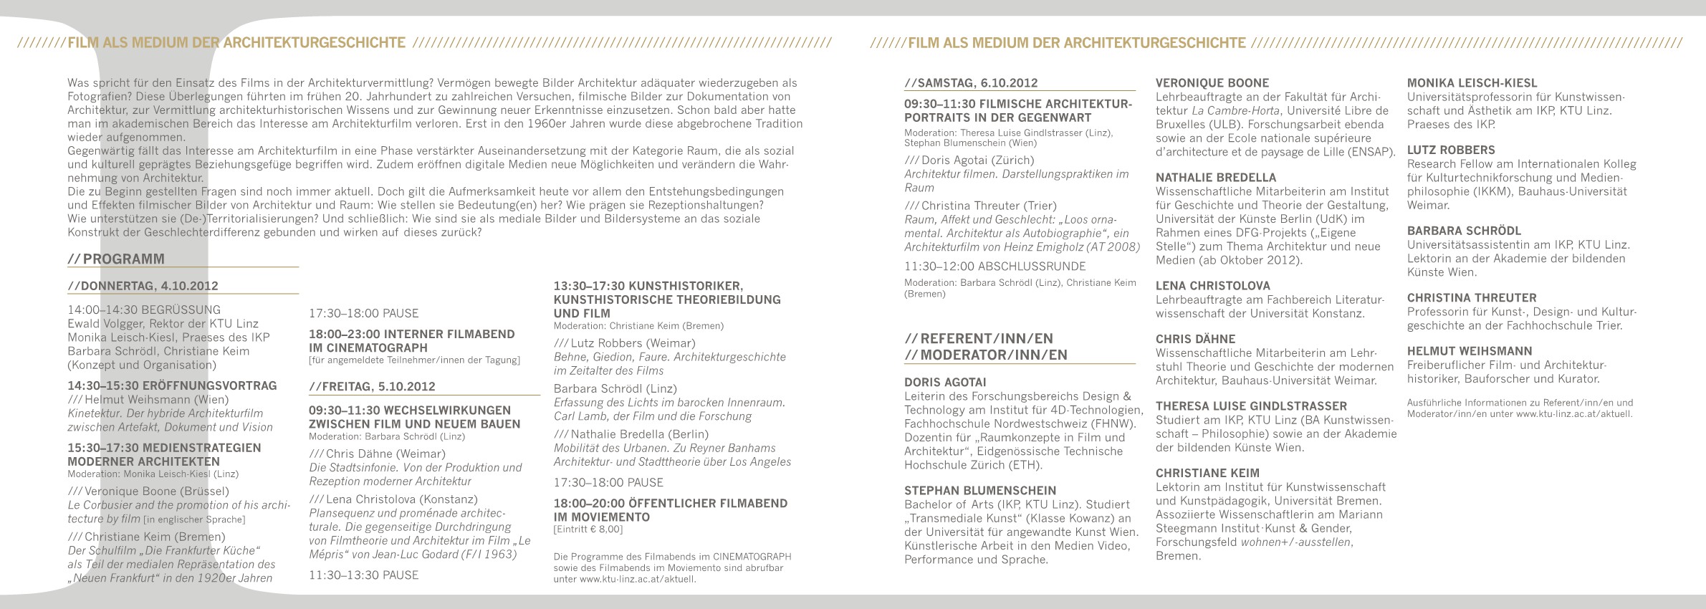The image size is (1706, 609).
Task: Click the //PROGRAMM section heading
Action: point(116,259)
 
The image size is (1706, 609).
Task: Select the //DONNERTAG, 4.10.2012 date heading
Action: point(143,286)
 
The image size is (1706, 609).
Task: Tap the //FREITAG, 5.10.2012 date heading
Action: point(372,387)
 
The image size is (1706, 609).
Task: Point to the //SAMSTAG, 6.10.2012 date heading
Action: point(971,83)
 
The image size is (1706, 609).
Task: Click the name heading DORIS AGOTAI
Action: point(945,383)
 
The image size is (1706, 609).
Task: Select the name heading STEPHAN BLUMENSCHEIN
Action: point(979,491)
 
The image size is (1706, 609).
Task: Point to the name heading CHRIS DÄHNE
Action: point(1195,339)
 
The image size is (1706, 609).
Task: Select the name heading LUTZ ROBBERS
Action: point(1451,150)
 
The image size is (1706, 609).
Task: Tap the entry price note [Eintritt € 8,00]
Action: point(588,530)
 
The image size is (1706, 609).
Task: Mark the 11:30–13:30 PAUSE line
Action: point(363,575)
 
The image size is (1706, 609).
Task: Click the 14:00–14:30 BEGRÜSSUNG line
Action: point(144,310)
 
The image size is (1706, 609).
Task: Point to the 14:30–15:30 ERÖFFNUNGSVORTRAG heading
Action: point(172,385)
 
